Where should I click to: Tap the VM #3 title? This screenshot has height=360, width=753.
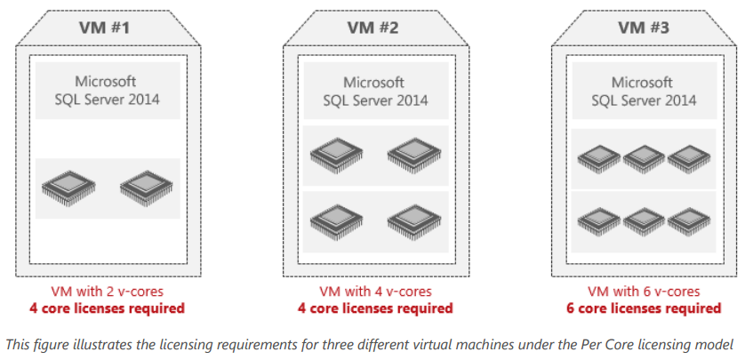pos(645,27)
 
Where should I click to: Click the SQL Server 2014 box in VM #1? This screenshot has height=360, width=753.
pos(107,91)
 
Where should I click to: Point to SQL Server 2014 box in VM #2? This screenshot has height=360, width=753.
pos(373,91)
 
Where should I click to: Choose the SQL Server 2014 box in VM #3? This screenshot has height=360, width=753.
pos(645,91)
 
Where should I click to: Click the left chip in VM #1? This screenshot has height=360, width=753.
pos(67,188)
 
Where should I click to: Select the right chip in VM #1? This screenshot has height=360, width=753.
pos(145,188)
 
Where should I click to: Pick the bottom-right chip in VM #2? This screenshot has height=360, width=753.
pos(412,219)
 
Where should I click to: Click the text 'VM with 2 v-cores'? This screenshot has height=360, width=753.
pos(108,292)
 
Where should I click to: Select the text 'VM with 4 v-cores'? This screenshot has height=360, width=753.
pos(373,292)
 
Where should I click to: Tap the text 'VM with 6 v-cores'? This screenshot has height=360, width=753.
pos(645,292)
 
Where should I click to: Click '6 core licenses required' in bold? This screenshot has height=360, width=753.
pos(645,308)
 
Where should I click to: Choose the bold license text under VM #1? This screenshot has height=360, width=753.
pos(108,308)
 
